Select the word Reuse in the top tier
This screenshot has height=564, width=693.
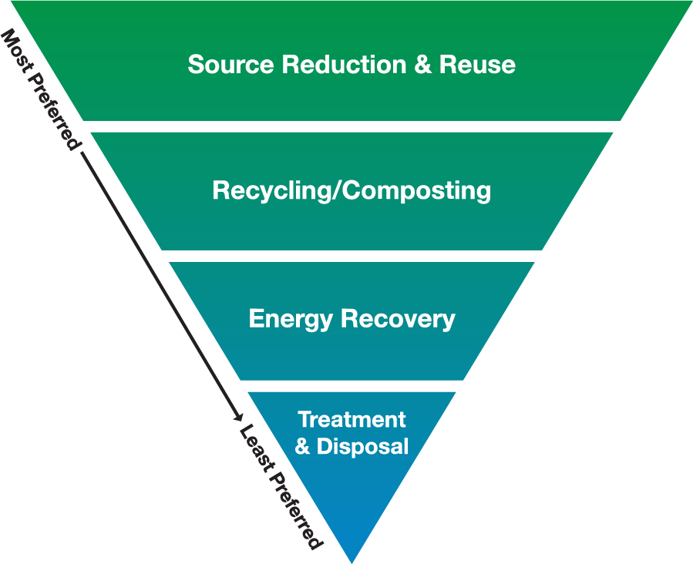pos(477,64)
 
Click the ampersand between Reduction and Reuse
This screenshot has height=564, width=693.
pos(423,64)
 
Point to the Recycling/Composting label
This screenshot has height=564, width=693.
pos(352,190)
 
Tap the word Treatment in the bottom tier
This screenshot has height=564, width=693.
pos(352,420)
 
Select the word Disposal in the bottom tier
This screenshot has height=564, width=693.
pos(363,446)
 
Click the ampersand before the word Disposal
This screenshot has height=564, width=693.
pos(303,446)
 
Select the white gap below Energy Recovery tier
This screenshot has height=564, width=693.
pos(352,386)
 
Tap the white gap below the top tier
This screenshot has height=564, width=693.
pos(352,126)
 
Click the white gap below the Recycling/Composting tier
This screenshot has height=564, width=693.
pos(352,256)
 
